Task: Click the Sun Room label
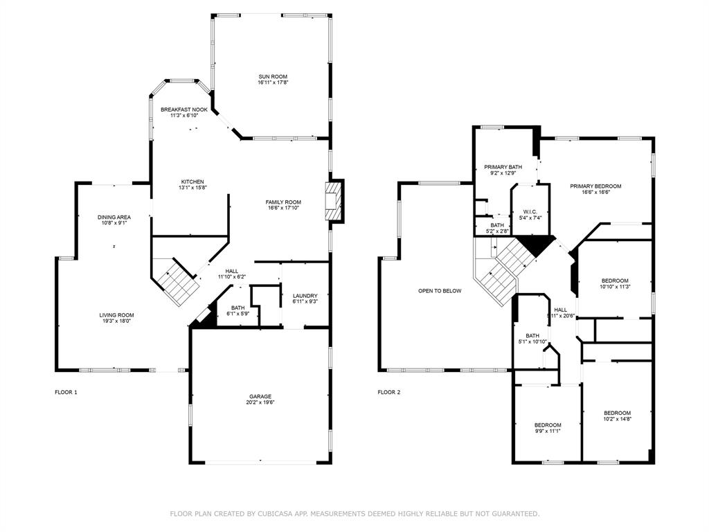point(273,77)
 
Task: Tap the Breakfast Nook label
point(184,109)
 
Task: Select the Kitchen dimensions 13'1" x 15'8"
point(192,188)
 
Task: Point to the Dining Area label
point(114,217)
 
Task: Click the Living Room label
point(116,315)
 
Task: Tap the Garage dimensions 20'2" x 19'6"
point(260,402)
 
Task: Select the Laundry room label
point(305,296)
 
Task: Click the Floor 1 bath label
point(238,308)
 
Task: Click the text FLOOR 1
point(66,392)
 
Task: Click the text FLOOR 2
point(389,392)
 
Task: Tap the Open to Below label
point(440,291)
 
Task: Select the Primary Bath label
point(503,167)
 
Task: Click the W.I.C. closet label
point(530,212)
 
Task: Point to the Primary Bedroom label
point(595,186)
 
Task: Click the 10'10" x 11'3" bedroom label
point(615,281)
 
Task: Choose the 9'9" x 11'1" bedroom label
point(548,425)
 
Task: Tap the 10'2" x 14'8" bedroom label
point(617,413)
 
